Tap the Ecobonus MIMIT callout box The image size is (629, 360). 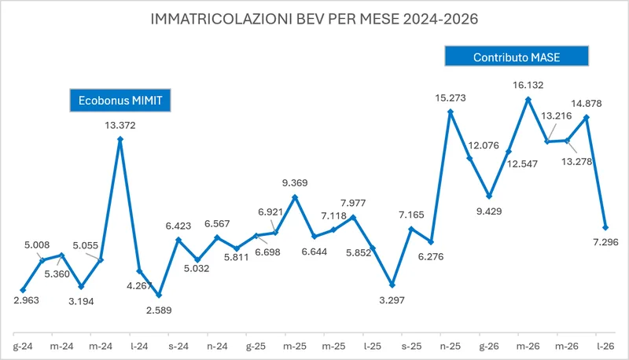(x=120, y=101)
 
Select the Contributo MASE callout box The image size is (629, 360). (x=517, y=56)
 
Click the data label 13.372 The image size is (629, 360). (x=120, y=126)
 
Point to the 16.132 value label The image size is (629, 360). (x=528, y=85)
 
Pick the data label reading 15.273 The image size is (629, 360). (x=451, y=97)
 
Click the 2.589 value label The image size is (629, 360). (x=159, y=310)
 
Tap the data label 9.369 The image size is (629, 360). (x=295, y=183)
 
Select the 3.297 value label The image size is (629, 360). (x=392, y=299)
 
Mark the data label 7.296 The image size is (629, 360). (x=605, y=242)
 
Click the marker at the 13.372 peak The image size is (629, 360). (x=120, y=139)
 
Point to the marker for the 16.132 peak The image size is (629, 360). (x=528, y=99)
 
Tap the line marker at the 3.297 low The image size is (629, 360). (x=392, y=285)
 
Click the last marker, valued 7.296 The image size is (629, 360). (x=605, y=227)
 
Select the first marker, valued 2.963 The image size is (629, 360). (x=23, y=290)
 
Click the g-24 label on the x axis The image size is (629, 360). (x=23, y=347)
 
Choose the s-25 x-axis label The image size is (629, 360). (x=411, y=347)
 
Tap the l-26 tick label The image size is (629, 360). (x=605, y=347)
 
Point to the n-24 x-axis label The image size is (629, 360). (x=217, y=347)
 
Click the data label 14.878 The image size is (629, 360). (x=587, y=104)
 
